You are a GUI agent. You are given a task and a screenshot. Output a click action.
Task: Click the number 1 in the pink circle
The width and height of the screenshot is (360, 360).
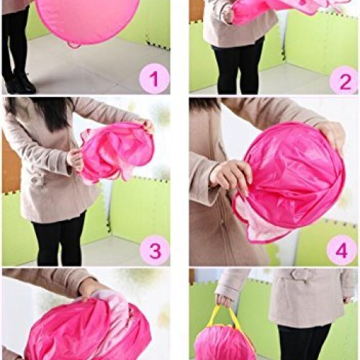pyautogui.click(x=154, y=78)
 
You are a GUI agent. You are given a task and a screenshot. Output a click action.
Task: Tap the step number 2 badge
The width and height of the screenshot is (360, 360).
pyautogui.click(x=343, y=79)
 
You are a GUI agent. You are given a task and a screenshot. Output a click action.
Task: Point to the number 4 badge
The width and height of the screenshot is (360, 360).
pyautogui.click(x=341, y=250)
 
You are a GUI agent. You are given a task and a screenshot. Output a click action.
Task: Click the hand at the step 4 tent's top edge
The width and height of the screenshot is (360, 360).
pyautogui.click(x=333, y=134)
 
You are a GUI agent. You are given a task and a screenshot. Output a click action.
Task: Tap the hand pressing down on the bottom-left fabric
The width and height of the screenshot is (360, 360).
pyautogui.click(x=90, y=288)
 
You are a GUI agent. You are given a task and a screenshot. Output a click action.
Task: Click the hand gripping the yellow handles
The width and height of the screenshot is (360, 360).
pyautogui.click(x=225, y=300)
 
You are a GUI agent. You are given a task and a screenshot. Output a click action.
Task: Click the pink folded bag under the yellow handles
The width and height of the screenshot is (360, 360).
pyautogui.click(x=225, y=344)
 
